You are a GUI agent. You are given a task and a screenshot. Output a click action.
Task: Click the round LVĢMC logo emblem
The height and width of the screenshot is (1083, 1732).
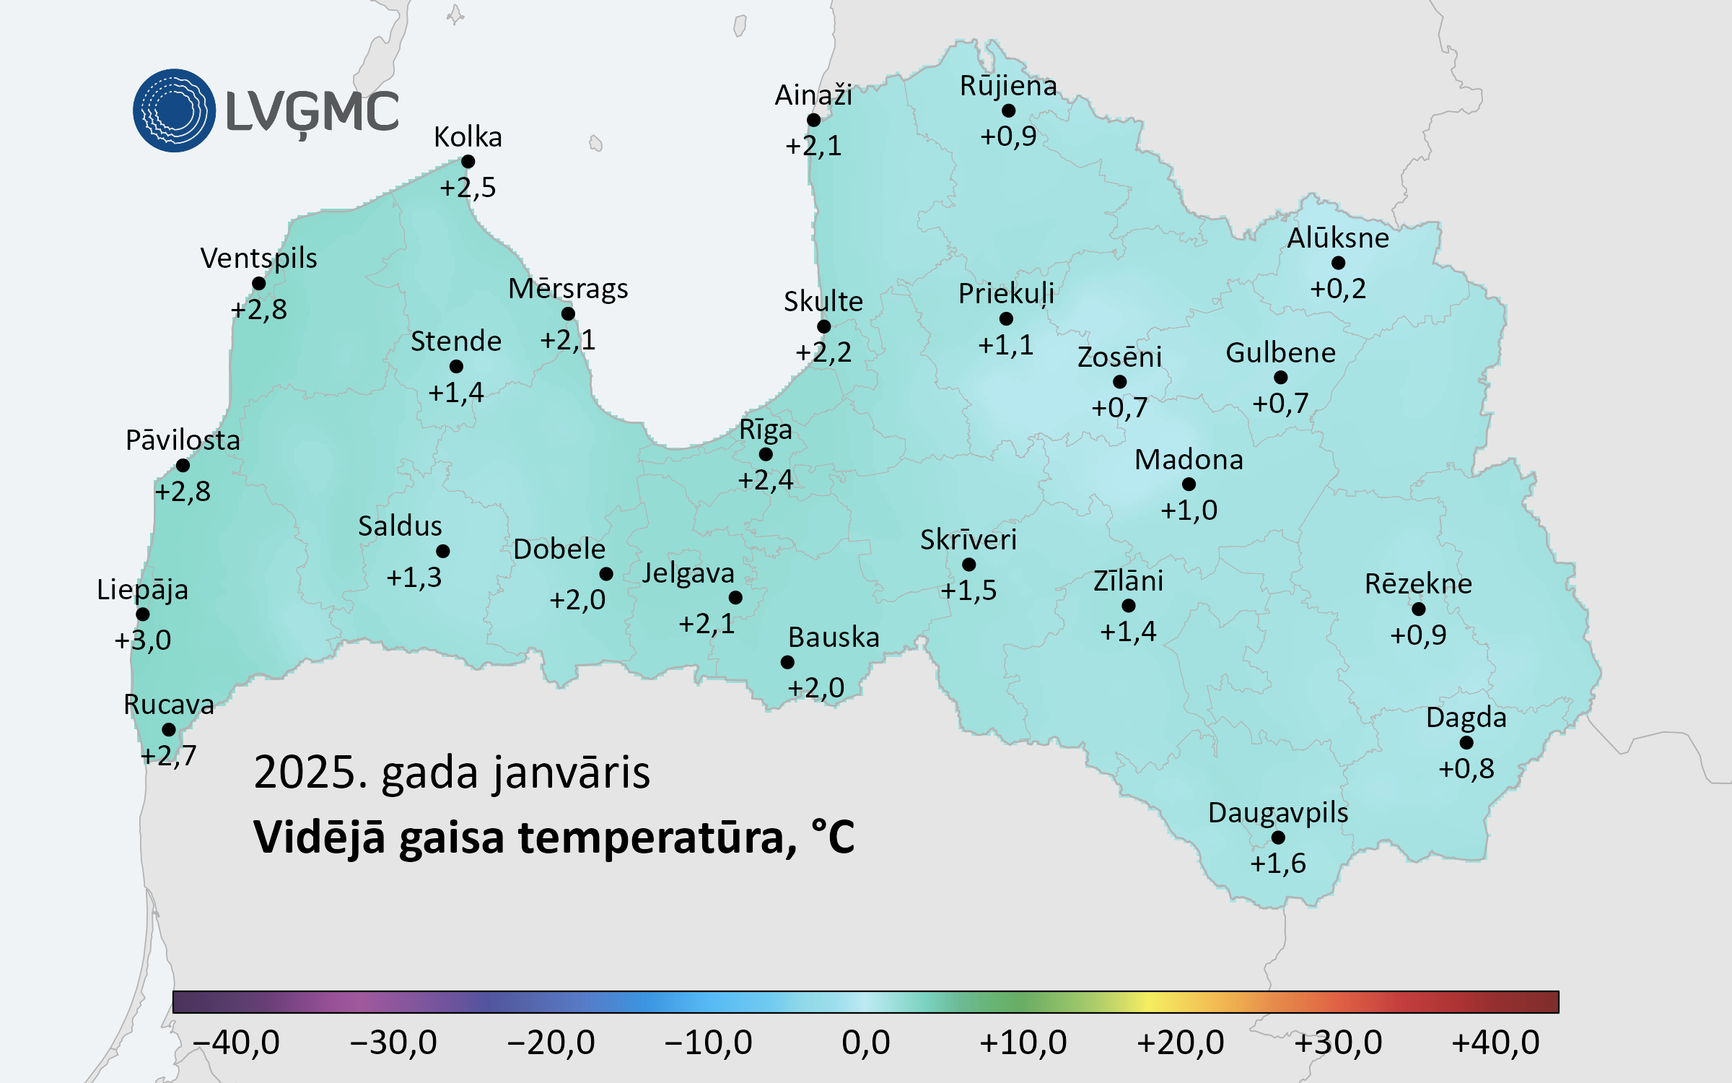(174, 110)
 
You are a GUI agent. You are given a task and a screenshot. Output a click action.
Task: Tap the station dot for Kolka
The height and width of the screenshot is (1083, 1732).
(468, 162)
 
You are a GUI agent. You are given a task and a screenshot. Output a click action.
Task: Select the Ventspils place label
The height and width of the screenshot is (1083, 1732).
(258, 258)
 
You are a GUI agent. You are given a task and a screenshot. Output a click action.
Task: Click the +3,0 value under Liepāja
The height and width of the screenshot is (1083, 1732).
(143, 640)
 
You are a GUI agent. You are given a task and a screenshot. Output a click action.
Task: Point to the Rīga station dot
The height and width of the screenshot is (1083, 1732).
(766, 454)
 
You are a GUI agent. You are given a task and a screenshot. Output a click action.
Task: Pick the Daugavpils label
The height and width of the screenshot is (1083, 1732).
(1277, 813)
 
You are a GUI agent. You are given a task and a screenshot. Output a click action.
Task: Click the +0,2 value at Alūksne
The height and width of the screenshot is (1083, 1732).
(1338, 289)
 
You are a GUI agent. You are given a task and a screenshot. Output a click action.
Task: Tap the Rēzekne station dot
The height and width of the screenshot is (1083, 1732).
(1418, 609)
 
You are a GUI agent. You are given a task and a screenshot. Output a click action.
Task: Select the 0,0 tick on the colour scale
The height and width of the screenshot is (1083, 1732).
(865, 1043)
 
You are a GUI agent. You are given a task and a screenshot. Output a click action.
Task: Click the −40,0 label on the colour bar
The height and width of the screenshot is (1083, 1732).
(236, 1043)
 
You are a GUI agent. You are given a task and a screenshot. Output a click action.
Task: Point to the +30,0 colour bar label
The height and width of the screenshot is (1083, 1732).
(1338, 1043)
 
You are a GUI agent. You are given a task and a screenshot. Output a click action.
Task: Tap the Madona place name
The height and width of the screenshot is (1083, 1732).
(1189, 460)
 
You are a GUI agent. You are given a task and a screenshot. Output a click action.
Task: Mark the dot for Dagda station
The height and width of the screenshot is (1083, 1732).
(1466, 742)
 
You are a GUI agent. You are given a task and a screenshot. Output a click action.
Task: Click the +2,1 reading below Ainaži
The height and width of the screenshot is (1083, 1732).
(813, 146)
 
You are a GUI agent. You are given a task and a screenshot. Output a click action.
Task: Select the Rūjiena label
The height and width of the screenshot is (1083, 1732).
(1008, 86)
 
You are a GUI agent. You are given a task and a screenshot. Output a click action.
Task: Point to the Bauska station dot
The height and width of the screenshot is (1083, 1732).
(787, 662)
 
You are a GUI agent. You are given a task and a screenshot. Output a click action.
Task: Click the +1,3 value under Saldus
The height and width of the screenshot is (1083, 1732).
(414, 578)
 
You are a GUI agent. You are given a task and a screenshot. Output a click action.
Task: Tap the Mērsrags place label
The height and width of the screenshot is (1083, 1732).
(568, 289)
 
